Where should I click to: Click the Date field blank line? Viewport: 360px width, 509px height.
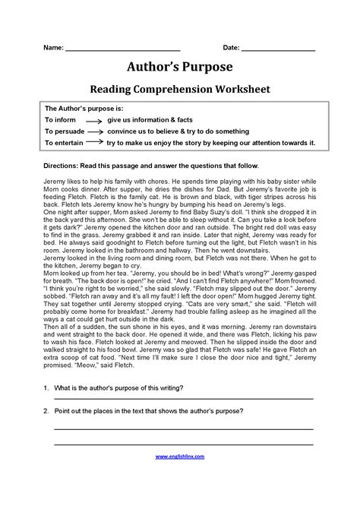pyautogui.click(x=278, y=50)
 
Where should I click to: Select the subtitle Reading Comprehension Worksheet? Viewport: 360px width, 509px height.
pyautogui.click(x=180, y=90)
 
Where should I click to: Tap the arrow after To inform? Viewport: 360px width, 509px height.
pyautogui.click(x=93, y=121)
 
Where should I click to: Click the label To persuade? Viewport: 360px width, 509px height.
pyautogui.click(x=64, y=131)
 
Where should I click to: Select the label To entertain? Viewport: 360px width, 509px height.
pyautogui.click(x=64, y=142)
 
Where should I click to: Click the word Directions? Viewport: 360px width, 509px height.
pyautogui.click(x=62, y=166)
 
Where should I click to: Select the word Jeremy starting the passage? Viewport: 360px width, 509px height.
pyautogui.click(x=55, y=182)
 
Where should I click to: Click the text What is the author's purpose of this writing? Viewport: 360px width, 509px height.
pyautogui.click(x=118, y=409)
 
